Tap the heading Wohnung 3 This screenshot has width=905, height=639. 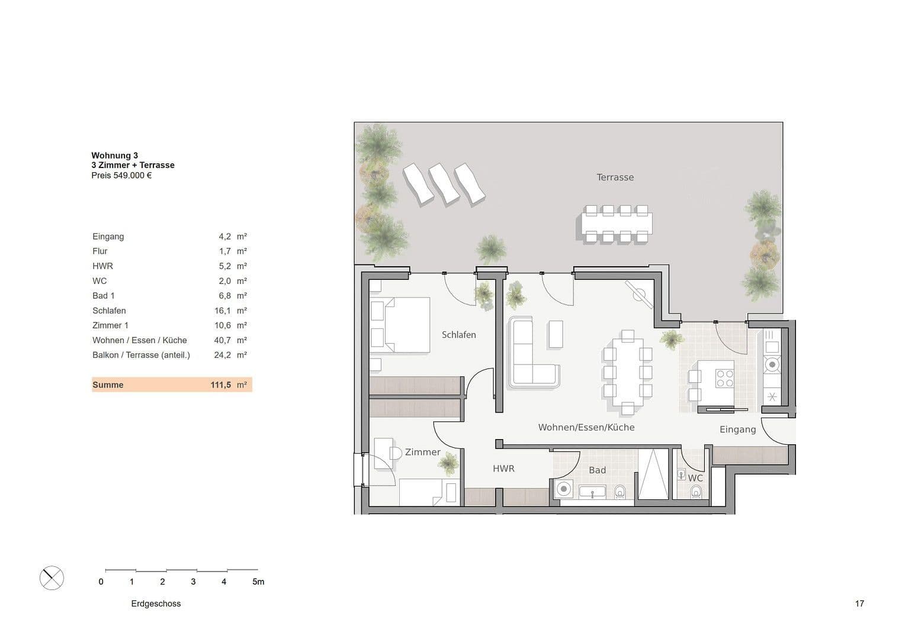(x=114, y=156)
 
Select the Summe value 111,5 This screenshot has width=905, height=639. (x=220, y=385)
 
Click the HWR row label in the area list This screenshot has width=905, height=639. (x=102, y=266)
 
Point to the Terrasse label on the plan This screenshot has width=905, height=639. (x=615, y=177)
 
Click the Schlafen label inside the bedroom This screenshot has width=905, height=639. (x=458, y=335)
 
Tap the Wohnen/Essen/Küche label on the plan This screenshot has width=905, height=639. (x=586, y=427)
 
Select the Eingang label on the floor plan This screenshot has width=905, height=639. (x=737, y=430)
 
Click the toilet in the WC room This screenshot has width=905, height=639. (x=696, y=492)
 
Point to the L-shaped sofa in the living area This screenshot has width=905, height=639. (x=533, y=355)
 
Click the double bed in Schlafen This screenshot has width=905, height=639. (x=400, y=325)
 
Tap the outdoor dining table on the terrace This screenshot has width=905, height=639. (x=614, y=224)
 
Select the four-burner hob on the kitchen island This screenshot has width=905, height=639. (x=724, y=377)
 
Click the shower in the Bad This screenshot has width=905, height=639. (x=652, y=476)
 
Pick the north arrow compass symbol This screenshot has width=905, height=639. (x=52, y=577)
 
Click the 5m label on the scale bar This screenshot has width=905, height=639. (x=258, y=582)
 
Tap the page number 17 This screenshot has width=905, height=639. (x=859, y=603)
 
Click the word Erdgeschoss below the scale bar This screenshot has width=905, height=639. (x=156, y=603)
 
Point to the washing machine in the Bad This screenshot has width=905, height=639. (x=564, y=489)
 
